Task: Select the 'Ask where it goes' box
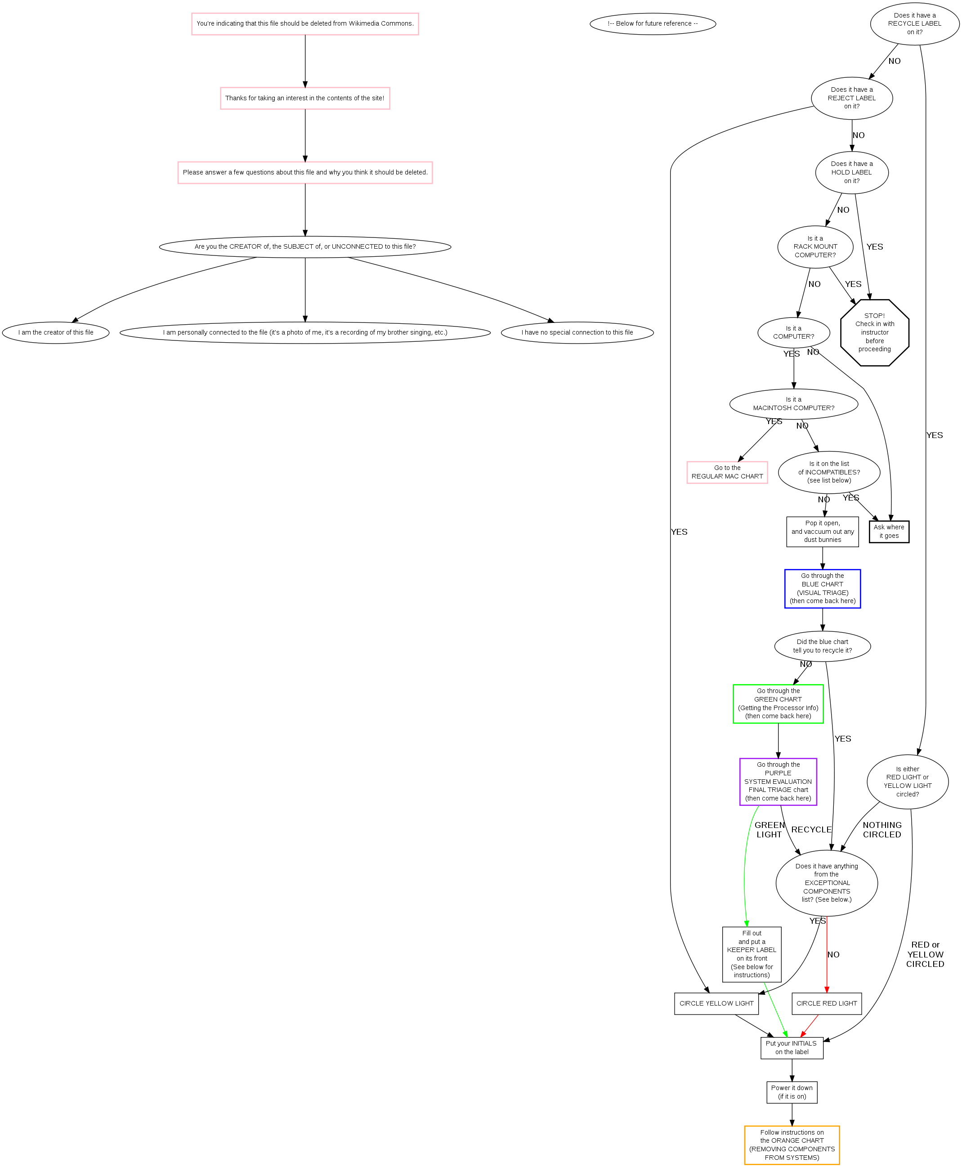[x=889, y=532]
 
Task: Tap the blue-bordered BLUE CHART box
[x=822, y=589]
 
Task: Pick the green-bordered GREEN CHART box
[x=778, y=704]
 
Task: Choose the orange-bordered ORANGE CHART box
[x=792, y=1145]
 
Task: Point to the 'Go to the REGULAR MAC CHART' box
[x=727, y=472]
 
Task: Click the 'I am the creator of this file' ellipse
[x=55, y=332]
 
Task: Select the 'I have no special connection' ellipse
[x=577, y=332]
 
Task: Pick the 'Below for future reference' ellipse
[x=653, y=23]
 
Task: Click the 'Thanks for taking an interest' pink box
[x=305, y=98]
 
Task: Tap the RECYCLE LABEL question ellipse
[x=914, y=23]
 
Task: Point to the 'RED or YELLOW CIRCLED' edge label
[x=925, y=954]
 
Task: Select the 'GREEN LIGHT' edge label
[x=769, y=830]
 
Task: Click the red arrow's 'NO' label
[x=833, y=954]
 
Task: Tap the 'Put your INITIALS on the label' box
[x=792, y=1047]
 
